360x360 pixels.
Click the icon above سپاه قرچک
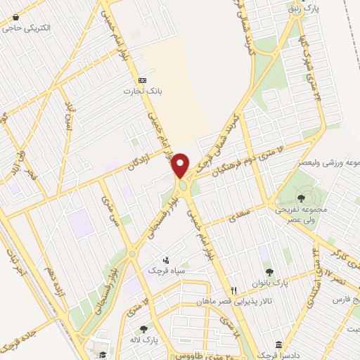pyautogui.click(x=166, y=258)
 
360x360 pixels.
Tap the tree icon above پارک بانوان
pyautogui.click(x=268, y=271)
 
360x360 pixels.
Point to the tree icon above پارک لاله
pyautogui.click(x=145, y=328)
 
